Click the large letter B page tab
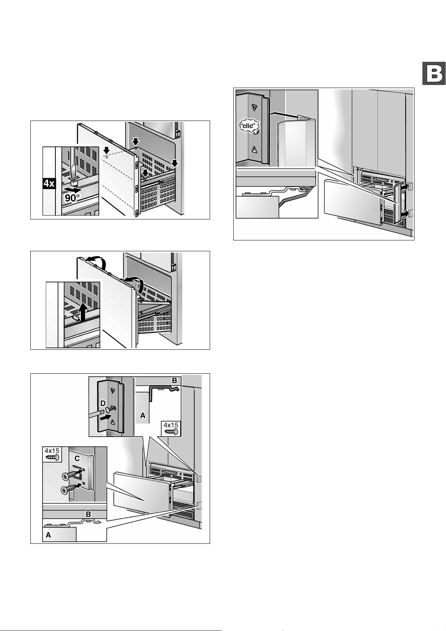434,73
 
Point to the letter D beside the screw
103,403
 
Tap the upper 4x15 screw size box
171,428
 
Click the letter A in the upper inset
142,415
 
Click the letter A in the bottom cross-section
48,536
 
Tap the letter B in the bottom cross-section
88,515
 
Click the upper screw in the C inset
70,476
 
